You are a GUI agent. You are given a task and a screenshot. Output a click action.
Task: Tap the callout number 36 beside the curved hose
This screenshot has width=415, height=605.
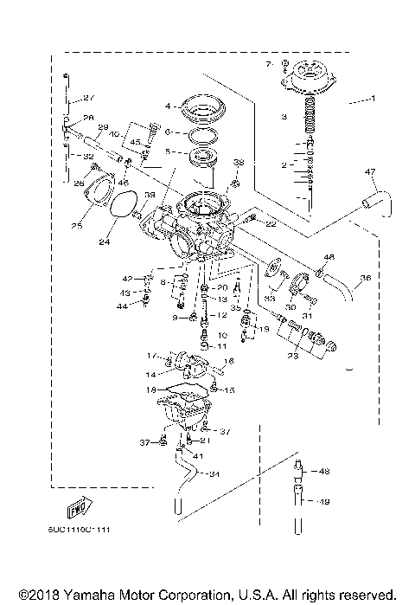pos(365,278)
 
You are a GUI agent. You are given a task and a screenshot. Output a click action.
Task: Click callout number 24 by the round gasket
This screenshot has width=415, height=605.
pos(105,243)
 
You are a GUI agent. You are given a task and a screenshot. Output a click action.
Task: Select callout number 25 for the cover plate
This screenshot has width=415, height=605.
pos(75,226)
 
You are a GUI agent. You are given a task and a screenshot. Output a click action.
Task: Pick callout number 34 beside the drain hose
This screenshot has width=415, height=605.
pos(214,473)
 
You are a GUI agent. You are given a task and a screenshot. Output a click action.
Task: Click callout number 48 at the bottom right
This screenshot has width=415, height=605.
pos(325,472)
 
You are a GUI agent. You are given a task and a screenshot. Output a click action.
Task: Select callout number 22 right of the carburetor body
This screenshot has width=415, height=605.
pos(271,224)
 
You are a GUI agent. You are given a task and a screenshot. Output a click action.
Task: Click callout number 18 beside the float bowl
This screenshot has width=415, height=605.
pos(152,391)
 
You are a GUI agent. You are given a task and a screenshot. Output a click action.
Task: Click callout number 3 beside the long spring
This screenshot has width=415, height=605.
pos(283,115)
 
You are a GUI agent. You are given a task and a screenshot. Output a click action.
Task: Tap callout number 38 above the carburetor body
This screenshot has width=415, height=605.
pos(239,162)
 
